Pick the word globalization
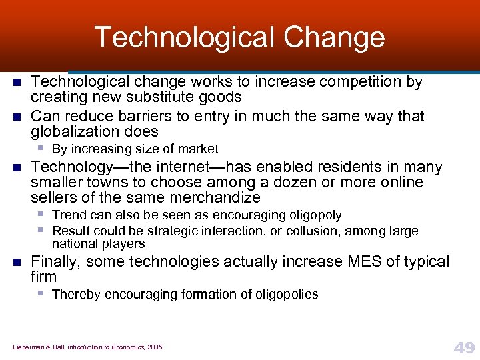tap(74, 131)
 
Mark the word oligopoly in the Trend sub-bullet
tap(309, 215)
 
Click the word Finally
tap(55, 261)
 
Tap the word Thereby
tap(76, 294)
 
